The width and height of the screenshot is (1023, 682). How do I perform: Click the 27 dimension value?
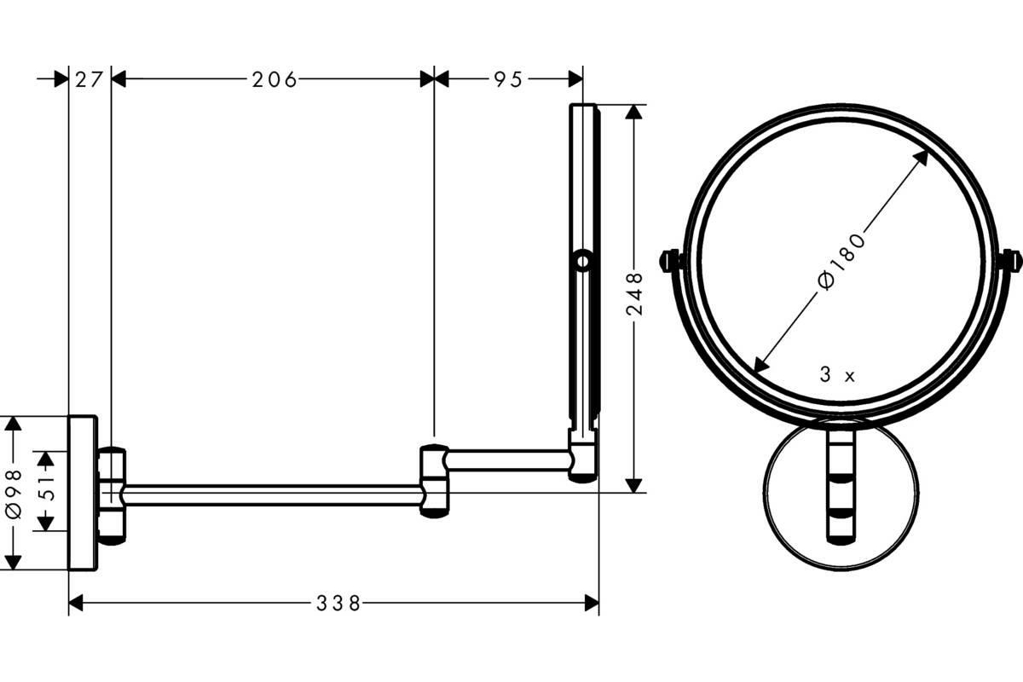click(x=89, y=80)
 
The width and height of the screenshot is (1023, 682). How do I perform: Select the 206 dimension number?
click(x=275, y=80)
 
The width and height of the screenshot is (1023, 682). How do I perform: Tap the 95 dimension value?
click(x=508, y=80)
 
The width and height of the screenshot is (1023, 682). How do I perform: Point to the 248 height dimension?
click(x=634, y=294)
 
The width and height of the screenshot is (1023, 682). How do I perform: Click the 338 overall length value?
click(x=338, y=604)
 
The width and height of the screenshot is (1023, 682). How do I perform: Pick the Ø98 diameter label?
click(x=14, y=494)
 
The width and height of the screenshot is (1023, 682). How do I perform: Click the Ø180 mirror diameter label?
click(x=841, y=260)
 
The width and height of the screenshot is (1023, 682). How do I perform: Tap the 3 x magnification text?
click(x=836, y=375)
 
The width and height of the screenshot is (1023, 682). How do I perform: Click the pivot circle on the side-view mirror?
click(x=583, y=261)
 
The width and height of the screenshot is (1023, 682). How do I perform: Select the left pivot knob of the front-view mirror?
click(x=671, y=261)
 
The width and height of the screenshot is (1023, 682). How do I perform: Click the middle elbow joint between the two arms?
click(x=434, y=481)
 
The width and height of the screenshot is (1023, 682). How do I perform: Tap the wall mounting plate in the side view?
click(x=83, y=493)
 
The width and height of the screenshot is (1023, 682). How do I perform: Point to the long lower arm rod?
click(x=273, y=495)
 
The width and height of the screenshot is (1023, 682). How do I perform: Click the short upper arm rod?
click(x=508, y=460)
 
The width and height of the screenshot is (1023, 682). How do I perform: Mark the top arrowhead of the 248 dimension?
click(x=633, y=113)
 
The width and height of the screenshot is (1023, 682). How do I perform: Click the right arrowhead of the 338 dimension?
click(x=592, y=603)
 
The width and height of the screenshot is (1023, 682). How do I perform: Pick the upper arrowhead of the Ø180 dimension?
click(x=920, y=159)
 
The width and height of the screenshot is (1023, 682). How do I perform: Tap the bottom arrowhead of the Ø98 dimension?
click(x=13, y=563)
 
